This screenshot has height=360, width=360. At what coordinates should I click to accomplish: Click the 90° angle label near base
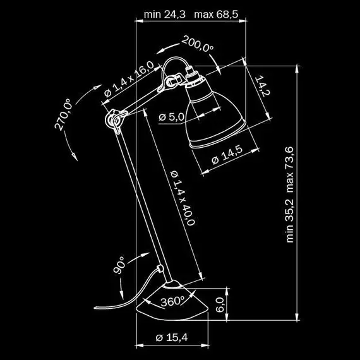[120, 265]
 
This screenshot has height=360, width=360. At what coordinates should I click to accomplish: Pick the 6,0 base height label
[220, 305]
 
